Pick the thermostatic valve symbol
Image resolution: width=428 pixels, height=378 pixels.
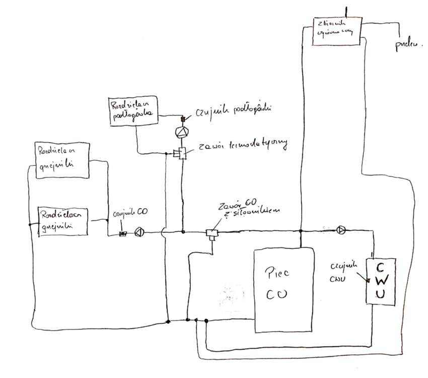(x=180, y=153)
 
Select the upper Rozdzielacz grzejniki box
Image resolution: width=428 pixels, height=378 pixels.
(x=62, y=160)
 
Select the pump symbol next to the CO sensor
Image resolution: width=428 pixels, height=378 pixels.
(x=139, y=232)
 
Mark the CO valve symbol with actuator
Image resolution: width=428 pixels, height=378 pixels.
(x=211, y=233)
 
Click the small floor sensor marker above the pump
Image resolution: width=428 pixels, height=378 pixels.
(x=182, y=119)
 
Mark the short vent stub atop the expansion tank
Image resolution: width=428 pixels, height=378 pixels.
(x=345, y=11)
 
